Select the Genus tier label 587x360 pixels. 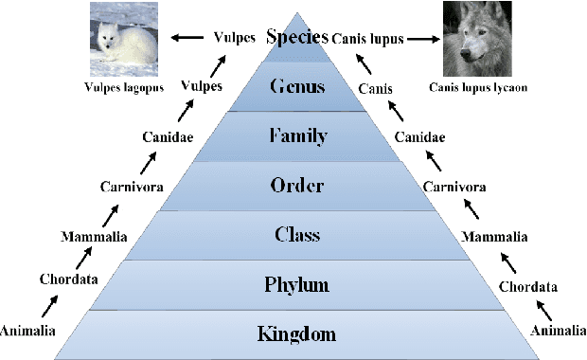(296, 87)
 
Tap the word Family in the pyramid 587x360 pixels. (296, 136)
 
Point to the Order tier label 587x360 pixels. (296, 186)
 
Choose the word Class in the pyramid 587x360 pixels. (296, 235)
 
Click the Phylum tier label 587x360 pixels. (296, 284)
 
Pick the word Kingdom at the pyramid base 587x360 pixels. (296, 333)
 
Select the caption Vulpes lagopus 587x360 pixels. (122, 88)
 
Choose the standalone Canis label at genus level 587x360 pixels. (377, 88)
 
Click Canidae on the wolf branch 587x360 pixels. (420, 138)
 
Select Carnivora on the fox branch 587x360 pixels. (131, 187)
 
